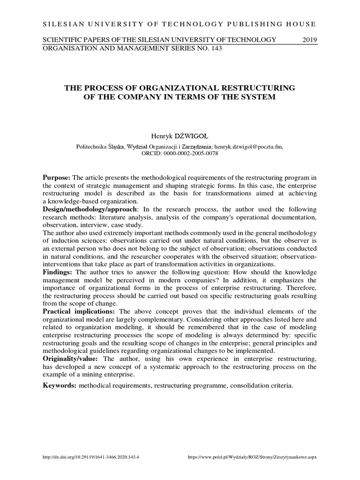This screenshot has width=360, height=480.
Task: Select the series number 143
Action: pyautogui.click(x=216, y=48)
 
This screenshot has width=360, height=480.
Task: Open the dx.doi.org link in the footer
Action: pyautogui.click(x=90, y=456)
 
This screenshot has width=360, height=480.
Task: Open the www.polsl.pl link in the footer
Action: pyautogui.click(x=252, y=456)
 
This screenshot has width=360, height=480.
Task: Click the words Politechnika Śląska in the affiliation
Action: pyautogui.click(x=100, y=146)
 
